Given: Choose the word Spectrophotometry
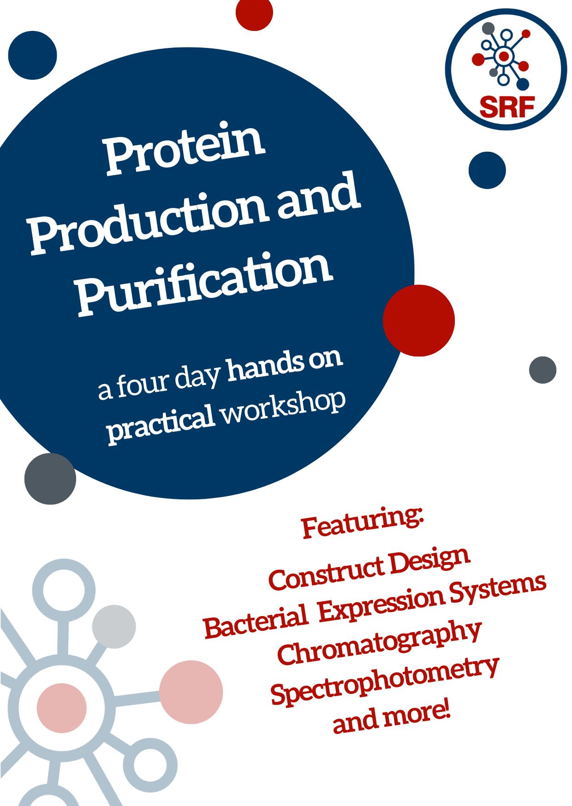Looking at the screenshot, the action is [385, 682].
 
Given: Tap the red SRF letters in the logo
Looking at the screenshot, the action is [507, 107].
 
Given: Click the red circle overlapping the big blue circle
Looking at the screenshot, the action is [419, 320].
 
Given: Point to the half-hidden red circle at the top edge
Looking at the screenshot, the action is [254, 13].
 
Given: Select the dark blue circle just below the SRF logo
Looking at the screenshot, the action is [487, 170].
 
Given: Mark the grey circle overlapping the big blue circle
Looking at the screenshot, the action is [50, 479].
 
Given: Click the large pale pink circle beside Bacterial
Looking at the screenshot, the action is [191, 692].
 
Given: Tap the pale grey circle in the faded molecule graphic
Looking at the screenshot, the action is [114, 627].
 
